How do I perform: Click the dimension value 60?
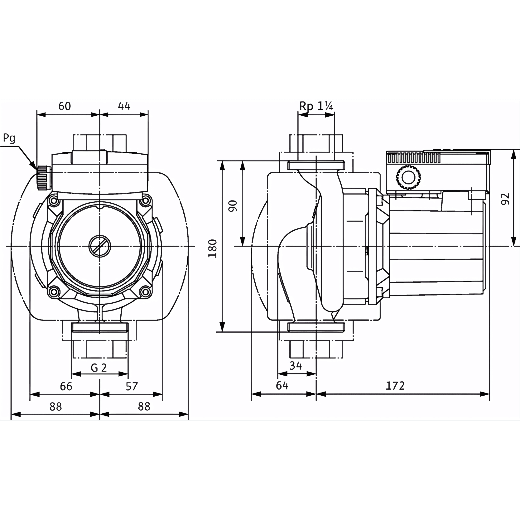pyautogui.click(x=65, y=106)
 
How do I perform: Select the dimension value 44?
pyautogui.click(x=124, y=106)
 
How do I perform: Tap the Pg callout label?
pyautogui.click(x=9, y=138)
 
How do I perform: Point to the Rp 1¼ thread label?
pyautogui.click(x=316, y=107)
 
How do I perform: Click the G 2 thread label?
pyautogui.click(x=99, y=368)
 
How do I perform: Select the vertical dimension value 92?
pyautogui.click(x=505, y=199)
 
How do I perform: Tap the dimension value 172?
pyautogui.click(x=395, y=386)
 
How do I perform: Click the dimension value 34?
pyautogui.click(x=296, y=365)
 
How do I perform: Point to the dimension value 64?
pyautogui.click(x=282, y=386)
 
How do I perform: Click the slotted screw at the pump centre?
pyautogui.click(x=100, y=246)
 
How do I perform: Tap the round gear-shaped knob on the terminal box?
pyautogui.click(x=408, y=177)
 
